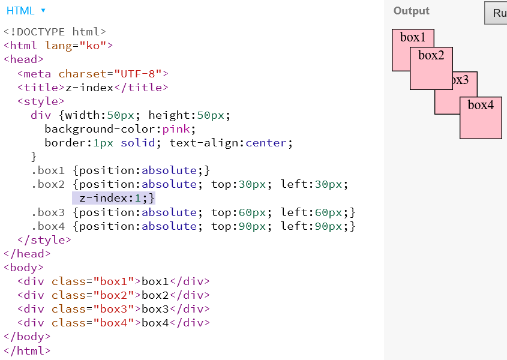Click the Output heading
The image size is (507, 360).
[x=412, y=11]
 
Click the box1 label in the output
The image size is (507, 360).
[x=413, y=37]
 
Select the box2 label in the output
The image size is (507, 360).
[x=431, y=55]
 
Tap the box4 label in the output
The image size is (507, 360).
[x=481, y=105]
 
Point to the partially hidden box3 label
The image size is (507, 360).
[x=461, y=79]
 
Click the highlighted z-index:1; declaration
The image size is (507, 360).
[x=114, y=198]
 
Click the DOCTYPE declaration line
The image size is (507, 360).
[x=55, y=32]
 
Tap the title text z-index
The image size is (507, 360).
[x=89, y=88]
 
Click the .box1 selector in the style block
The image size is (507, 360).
[x=48, y=170]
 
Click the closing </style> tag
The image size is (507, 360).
[x=44, y=240]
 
